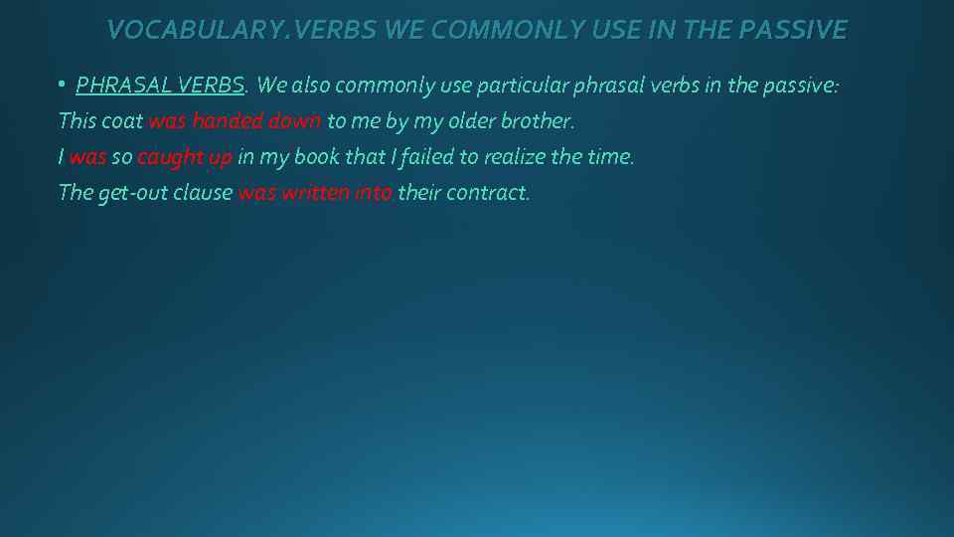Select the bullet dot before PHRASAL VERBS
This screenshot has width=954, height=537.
click(x=62, y=86)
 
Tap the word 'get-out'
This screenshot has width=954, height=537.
click(x=132, y=193)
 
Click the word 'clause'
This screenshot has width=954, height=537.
click(x=203, y=193)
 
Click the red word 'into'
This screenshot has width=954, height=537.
click(x=373, y=193)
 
